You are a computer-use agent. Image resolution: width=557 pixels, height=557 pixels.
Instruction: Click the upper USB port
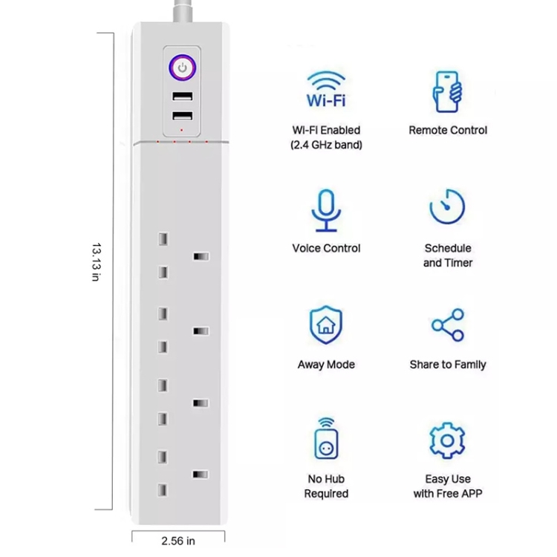click(x=183, y=97)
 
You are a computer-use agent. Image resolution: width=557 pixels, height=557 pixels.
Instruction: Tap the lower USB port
click(x=183, y=116)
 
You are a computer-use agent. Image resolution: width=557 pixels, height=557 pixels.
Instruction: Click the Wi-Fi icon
click(x=326, y=89)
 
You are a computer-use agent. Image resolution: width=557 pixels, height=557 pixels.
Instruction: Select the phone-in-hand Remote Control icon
click(x=447, y=91)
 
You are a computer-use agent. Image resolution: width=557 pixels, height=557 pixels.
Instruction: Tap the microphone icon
click(x=326, y=210)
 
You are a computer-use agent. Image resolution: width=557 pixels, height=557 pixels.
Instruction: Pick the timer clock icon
click(x=447, y=206)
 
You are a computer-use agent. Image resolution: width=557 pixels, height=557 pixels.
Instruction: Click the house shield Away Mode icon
click(x=326, y=325)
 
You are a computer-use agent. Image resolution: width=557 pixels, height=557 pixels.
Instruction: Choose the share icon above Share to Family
click(x=448, y=325)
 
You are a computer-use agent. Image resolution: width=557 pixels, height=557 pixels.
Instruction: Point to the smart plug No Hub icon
click(x=326, y=438)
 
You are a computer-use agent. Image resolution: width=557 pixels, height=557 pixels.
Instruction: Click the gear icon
click(x=447, y=440)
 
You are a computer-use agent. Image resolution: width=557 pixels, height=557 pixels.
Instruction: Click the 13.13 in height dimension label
click(x=97, y=262)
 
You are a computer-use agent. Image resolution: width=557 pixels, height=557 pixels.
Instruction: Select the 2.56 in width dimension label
click(x=178, y=541)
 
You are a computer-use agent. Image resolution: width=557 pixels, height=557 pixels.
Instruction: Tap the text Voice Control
click(x=326, y=248)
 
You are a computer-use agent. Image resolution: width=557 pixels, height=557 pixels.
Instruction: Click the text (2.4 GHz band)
click(x=326, y=145)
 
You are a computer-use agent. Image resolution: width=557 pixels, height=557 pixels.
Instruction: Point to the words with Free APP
click(x=448, y=493)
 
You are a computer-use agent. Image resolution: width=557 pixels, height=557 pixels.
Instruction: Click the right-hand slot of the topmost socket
click(x=201, y=256)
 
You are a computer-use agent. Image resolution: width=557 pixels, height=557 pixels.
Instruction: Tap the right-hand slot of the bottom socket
click(x=201, y=475)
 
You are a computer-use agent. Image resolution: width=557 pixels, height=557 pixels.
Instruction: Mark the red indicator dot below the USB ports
click(x=181, y=131)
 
